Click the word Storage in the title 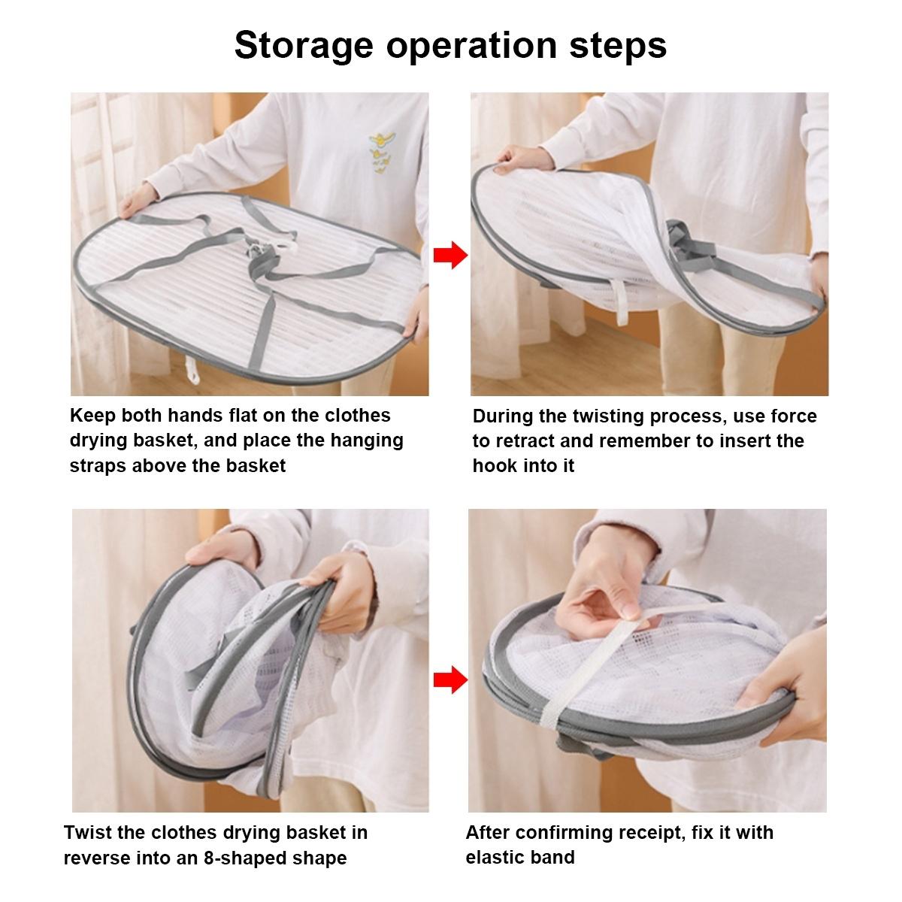(304, 46)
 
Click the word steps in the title (618, 46)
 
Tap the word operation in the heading (471, 46)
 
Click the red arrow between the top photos (450, 255)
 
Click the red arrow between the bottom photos (450, 680)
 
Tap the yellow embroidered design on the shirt (382, 153)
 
